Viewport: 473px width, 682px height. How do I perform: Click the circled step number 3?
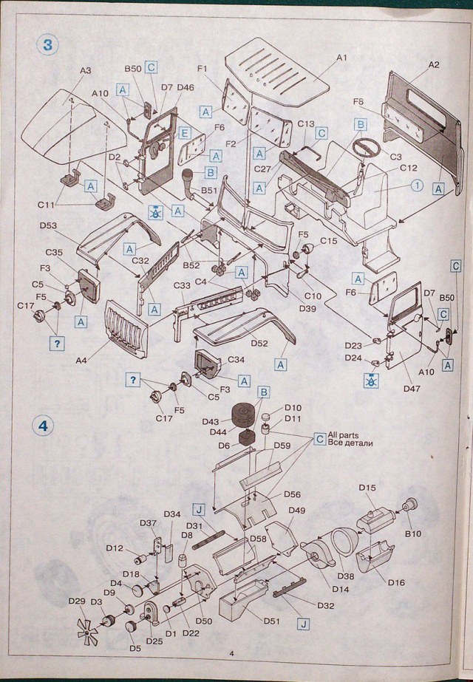coord(47,43)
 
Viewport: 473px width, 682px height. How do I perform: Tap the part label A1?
coord(341,57)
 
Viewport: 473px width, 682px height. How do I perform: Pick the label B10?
coord(412,532)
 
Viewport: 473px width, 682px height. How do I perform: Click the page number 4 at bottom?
coord(231,652)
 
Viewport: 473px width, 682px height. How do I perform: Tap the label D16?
coord(395,582)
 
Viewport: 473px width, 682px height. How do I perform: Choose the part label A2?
coord(434,65)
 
